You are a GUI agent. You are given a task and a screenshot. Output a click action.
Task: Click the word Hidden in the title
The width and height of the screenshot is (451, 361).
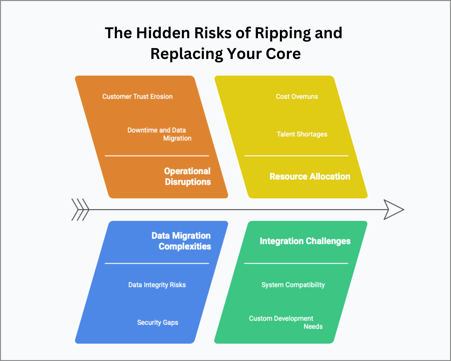tap(163, 33)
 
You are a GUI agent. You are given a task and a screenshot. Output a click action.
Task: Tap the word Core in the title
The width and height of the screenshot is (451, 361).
tap(283, 54)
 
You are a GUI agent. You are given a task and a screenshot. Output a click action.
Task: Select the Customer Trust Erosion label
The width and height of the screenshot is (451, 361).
tap(137, 97)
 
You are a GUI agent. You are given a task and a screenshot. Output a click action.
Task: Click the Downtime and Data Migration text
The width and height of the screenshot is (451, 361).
tap(159, 134)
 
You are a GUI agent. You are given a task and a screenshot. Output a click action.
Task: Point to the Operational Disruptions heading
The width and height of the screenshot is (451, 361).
tap(187, 176)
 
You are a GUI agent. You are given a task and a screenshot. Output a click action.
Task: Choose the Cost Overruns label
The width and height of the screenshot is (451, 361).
tap(297, 97)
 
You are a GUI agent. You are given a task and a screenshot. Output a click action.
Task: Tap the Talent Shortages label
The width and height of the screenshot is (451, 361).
tap(302, 134)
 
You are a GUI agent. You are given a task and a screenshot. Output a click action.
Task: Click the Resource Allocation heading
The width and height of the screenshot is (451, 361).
tap(310, 176)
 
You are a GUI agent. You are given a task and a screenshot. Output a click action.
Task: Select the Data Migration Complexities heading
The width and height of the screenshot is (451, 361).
tap(181, 241)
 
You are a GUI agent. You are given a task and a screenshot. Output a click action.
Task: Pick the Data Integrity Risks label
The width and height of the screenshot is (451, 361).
tap(157, 285)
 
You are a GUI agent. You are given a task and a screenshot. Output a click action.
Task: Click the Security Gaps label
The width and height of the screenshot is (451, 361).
tap(158, 322)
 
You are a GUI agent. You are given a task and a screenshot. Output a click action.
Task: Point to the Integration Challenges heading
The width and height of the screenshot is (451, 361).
tap(305, 241)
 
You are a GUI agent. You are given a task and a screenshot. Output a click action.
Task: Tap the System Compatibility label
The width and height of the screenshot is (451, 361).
tap(293, 285)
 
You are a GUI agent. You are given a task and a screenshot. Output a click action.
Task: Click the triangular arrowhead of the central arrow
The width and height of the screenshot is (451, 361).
tap(393, 210)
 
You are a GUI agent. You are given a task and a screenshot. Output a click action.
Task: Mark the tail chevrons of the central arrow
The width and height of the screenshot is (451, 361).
tap(80, 210)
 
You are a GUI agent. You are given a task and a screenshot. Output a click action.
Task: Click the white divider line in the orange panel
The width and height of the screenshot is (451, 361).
tap(157, 156)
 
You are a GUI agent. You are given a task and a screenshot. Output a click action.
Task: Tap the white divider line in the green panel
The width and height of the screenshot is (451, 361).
tap(296, 263)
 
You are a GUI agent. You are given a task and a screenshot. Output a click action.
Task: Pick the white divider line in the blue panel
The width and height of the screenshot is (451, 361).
tap(157, 263)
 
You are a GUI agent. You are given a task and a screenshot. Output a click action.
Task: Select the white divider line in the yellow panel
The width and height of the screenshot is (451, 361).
tap(296, 156)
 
